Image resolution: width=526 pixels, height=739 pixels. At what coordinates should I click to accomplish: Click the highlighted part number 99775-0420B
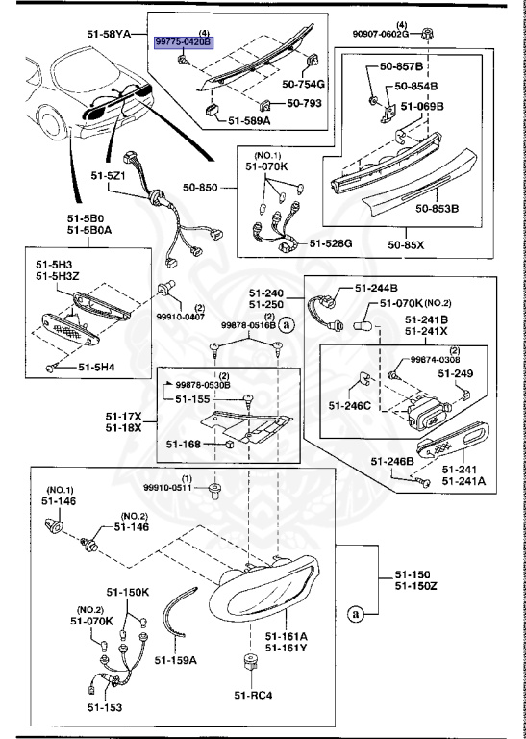tap(185, 43)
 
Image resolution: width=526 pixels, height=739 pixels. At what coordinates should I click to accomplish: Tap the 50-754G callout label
tap(304, 85)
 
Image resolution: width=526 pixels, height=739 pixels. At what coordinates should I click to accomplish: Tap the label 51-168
tap(182, 444)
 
